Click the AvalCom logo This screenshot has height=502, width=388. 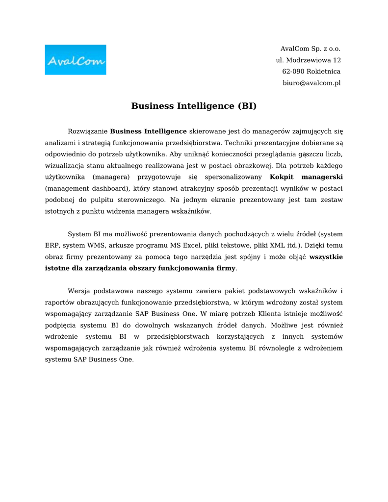(75, 60)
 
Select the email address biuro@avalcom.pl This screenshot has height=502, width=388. (311, 83)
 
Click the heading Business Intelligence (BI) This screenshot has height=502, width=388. (194, 106)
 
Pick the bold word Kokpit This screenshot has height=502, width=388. (282, 176)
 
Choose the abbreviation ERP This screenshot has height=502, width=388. (52, 245)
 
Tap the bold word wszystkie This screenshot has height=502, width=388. (326, 256)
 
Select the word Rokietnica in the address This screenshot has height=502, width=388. (324, 72)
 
